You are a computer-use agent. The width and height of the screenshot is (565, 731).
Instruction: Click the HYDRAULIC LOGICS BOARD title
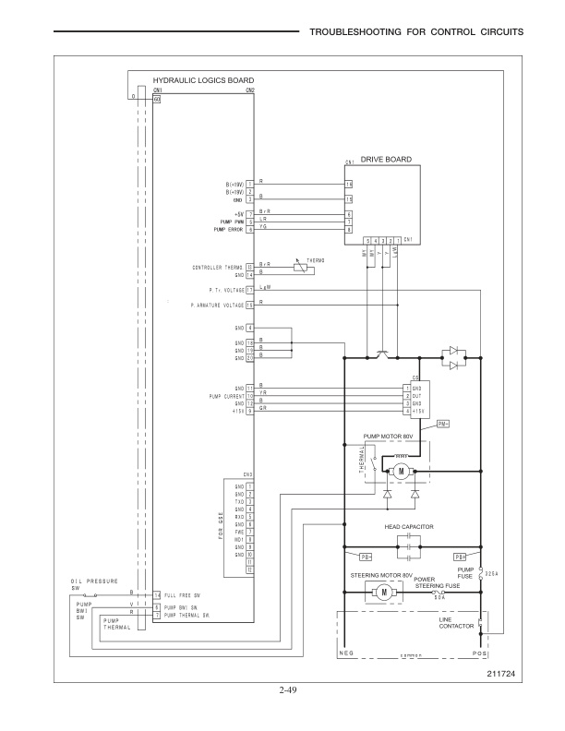[190, 81]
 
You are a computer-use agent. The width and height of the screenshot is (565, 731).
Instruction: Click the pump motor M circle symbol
[402, 472]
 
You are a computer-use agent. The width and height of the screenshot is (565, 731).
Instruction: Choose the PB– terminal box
[366, 557]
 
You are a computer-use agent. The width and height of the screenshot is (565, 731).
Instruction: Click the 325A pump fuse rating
[491, 572]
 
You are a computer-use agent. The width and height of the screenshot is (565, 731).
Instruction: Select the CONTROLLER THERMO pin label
[217, 268]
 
